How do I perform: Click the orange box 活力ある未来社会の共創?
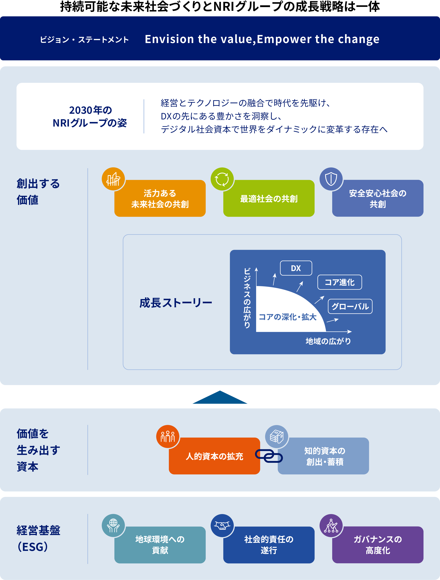coord(160,199)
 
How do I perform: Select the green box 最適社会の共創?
coord(269,199)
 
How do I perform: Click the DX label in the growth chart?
coord(296,268)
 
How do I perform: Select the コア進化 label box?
coord(340,282)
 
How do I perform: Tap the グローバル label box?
coord(350,306)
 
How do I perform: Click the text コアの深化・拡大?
coord(287,317)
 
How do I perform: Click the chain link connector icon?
coord(269,456)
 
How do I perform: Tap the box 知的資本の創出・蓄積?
coord(324,456)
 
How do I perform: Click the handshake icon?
coord(222,525)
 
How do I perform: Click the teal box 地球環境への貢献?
coord(160,545)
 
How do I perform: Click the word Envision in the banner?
coord(169,39)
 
